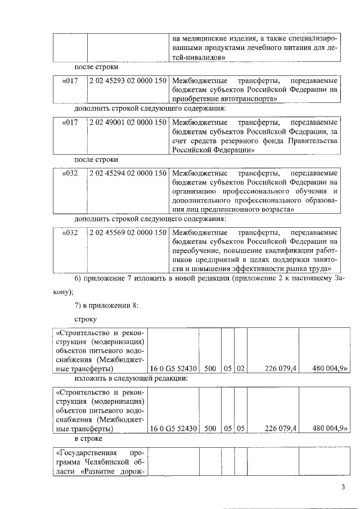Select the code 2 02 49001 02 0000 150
[128, 122]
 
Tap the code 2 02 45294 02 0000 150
[128, 173]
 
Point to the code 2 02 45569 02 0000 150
[128, 233]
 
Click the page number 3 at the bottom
[343, 487]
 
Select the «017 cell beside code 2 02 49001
[70, 122]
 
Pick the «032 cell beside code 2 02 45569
[70, 233]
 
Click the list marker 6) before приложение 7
[80, 279]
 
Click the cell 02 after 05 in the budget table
[240, 368]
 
